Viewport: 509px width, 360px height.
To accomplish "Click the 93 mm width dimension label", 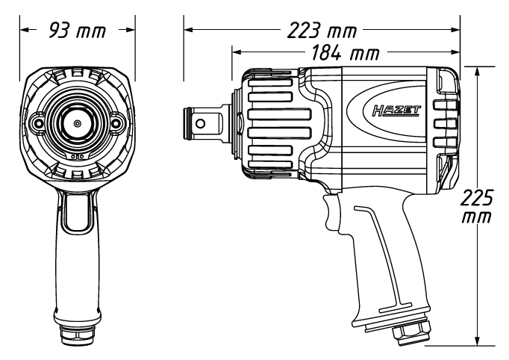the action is point(78,31).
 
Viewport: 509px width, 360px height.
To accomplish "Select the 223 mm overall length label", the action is point(322,31).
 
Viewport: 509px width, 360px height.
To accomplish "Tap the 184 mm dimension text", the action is point(345,52).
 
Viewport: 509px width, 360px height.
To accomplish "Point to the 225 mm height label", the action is point(477,206).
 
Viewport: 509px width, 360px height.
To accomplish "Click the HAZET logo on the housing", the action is point(396,111).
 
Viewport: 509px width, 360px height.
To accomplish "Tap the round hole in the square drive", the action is point(201,123).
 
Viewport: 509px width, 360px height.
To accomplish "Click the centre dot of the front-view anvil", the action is point(77,123).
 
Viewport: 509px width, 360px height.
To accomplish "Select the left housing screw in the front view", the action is point(39,122).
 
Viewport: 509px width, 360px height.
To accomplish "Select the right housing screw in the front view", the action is point(115,122).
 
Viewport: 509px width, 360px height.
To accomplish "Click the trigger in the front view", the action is point(78,211).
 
